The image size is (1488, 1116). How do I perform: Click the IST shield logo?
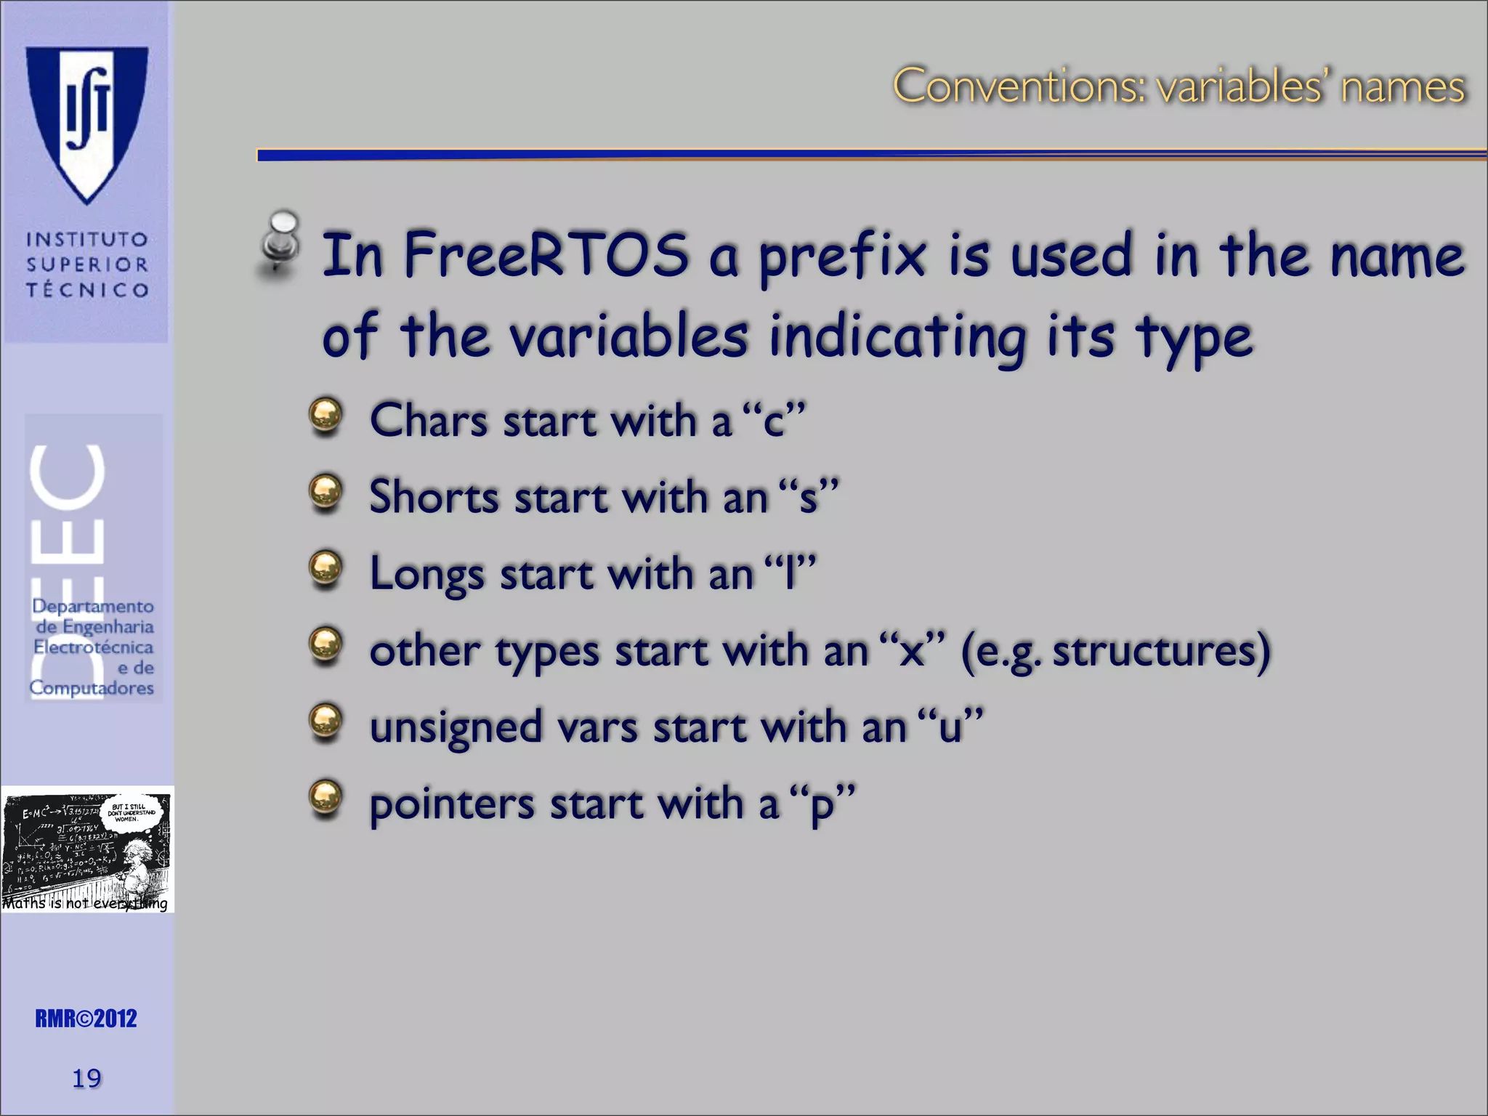[87, 120]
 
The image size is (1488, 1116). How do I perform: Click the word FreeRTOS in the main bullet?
[546, 254]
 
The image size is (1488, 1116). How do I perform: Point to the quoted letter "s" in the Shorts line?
[807, 498]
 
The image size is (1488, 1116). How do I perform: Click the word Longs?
[426, 574]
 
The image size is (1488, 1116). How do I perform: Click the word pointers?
[452, 804]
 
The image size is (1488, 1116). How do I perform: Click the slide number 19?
[86, 1078]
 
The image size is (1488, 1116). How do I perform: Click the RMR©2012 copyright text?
[86, 1019]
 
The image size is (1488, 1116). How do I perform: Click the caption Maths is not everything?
[85, 903]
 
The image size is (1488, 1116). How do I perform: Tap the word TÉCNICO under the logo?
[87, 290]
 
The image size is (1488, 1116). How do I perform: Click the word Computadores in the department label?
[92, 687]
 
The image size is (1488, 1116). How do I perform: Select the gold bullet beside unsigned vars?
[325, 722]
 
